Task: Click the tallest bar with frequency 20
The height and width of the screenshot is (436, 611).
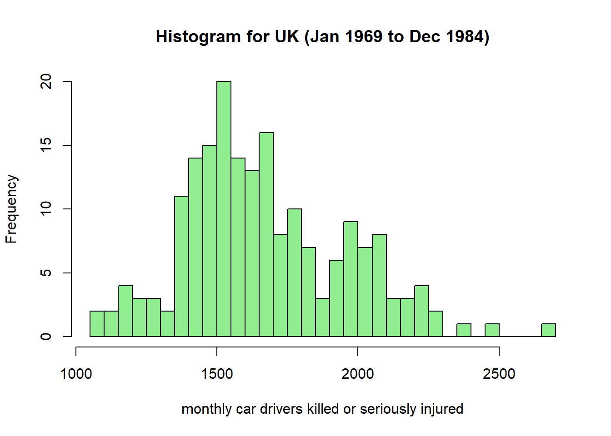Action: tap(224, 209)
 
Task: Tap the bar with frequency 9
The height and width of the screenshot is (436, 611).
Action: tap(351, 279)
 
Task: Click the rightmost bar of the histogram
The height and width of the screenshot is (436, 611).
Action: tap(548, 330)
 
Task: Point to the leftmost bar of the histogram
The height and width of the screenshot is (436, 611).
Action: tap(97, 324)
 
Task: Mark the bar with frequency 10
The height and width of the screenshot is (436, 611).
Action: tap(294, 272)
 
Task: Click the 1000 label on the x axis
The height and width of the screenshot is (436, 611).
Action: tap(76, 374)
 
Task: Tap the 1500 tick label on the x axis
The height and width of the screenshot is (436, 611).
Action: tap(217, 374)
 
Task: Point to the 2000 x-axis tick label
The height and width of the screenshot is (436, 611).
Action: tap(358, 374)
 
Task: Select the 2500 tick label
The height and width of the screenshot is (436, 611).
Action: tap(499, 374)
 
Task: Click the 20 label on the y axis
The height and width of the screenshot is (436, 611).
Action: tap(46, 82)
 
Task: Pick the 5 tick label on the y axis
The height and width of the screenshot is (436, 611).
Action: tap(46, 273)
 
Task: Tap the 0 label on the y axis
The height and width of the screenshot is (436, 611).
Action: tap(46, 337)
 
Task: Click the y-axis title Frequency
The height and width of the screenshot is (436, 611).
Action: tap(11, 209)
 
